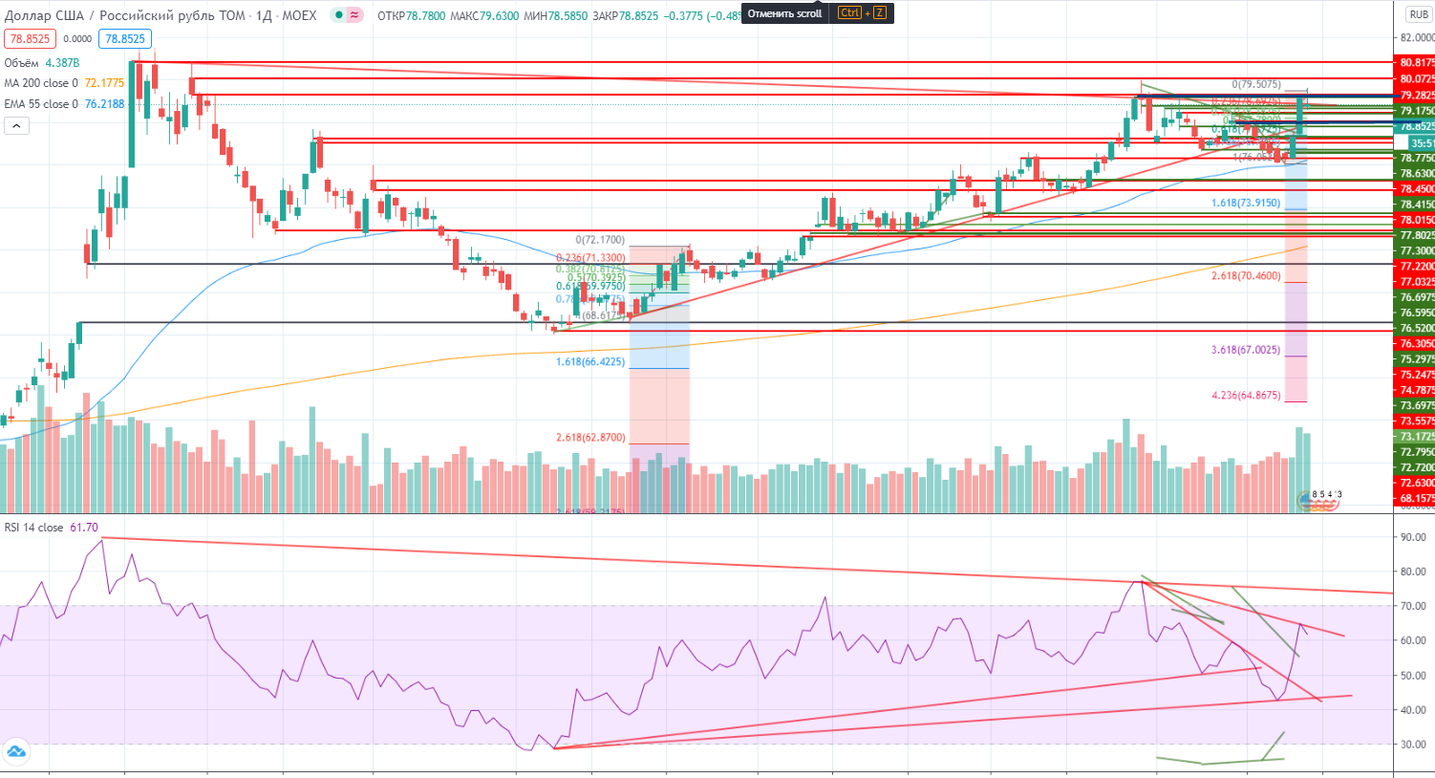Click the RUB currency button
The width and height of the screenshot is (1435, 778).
1419,14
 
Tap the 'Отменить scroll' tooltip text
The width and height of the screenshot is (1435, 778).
784,13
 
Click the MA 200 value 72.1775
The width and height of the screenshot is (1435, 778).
104,83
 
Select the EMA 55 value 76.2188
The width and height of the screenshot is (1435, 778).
104,104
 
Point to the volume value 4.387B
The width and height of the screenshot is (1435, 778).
62,63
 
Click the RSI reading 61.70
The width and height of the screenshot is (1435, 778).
83,528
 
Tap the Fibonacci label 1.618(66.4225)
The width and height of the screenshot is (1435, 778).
590,362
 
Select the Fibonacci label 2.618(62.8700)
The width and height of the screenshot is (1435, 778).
590,438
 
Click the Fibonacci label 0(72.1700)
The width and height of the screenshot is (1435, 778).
600,240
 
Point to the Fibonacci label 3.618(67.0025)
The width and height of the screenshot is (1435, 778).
1246,350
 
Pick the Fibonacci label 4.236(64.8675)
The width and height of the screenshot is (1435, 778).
1246,395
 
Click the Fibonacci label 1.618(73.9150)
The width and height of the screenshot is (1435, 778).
1246,203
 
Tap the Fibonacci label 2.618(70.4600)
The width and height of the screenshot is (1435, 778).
1246,275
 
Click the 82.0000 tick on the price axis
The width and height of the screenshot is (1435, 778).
1417,38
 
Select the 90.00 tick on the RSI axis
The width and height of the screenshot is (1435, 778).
1413,537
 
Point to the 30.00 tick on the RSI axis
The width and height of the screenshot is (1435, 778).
1413,745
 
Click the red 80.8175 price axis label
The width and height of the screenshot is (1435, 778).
1416,63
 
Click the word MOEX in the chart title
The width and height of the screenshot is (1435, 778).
299,16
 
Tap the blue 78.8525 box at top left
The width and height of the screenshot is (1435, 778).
125,39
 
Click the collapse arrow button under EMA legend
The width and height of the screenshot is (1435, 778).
16,125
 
